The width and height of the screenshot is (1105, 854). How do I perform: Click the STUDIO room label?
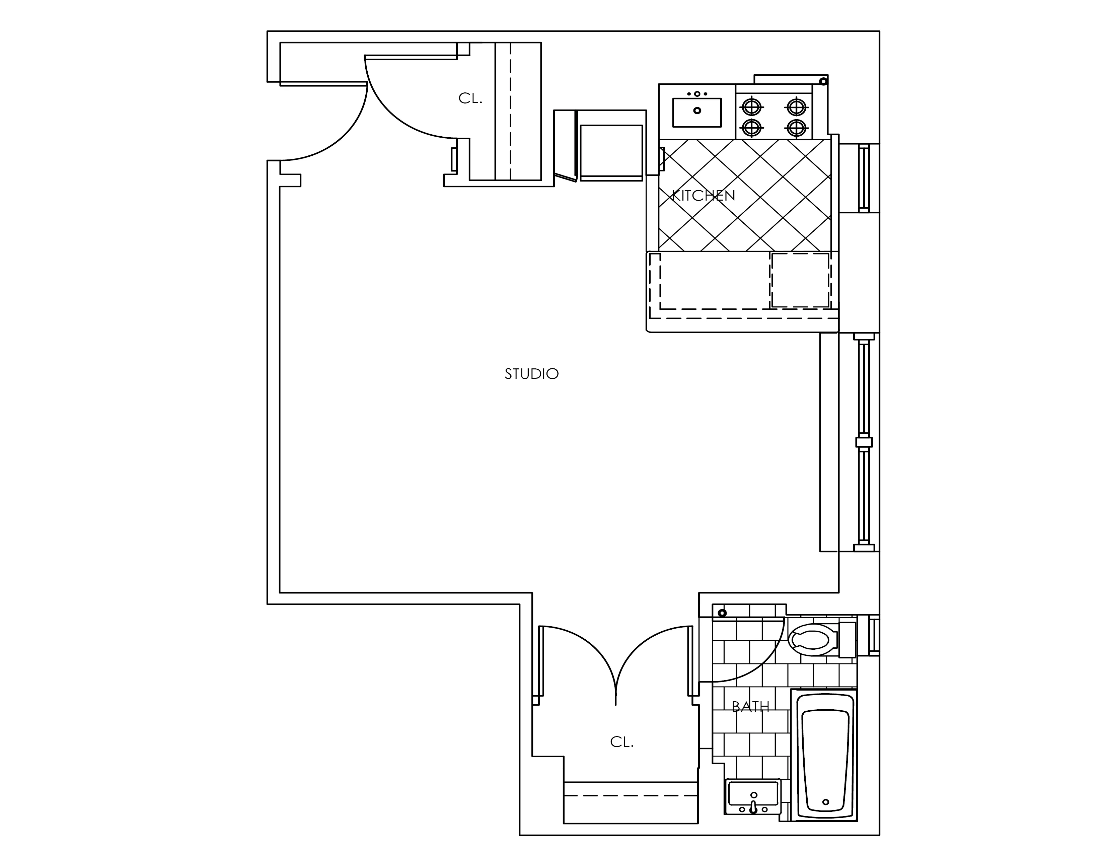[x=531, y=374]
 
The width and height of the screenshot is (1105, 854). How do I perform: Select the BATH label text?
[x=750, y=706]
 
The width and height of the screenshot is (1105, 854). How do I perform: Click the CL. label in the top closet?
[x=470, y=99]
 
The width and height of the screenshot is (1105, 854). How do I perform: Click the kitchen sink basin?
[x=697, y=112]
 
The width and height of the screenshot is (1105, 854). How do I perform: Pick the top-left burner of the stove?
[x=752, y=107]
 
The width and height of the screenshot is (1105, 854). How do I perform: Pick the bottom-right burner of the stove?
[x=796, y=128]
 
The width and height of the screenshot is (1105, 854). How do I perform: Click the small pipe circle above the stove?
[x=823, y=81]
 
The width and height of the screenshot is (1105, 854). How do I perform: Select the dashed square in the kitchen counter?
[x=800, y=280]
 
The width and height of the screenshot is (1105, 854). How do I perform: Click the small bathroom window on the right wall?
[x=874, y=635]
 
